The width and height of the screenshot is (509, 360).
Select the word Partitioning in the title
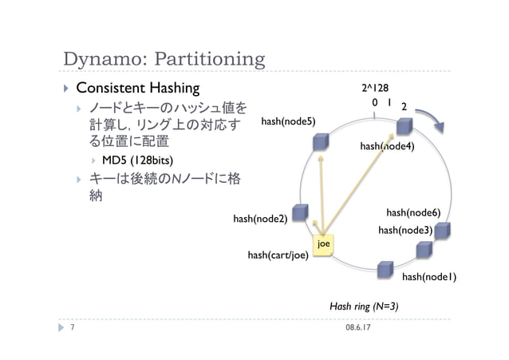212,60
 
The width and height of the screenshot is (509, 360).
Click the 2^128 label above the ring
374,87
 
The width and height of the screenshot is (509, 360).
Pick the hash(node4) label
387,146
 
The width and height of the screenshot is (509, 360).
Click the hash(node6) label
413,213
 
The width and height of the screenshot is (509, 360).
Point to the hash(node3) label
405,230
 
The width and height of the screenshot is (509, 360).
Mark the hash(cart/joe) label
278,255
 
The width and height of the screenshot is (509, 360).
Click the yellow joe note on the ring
323,244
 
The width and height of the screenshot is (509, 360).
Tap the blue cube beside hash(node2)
300,212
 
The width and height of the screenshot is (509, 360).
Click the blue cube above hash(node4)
405,126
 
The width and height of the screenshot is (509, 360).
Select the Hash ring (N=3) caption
364,307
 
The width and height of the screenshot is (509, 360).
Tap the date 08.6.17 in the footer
361,327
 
